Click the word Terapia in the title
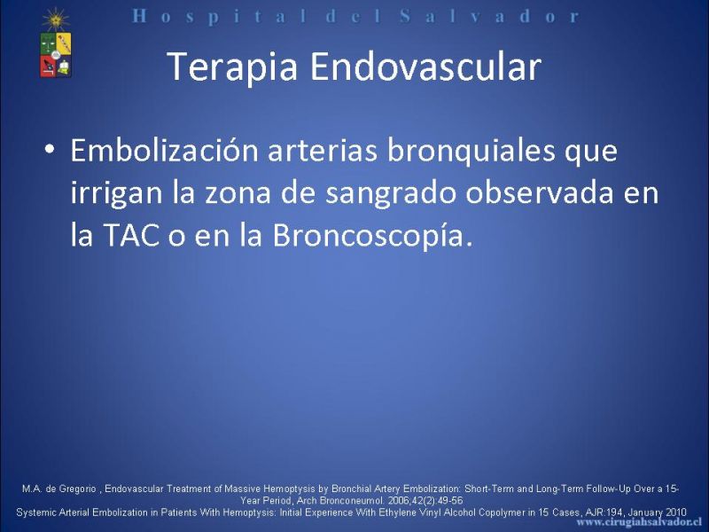tap(232, 67)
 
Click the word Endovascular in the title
tap(425, 66)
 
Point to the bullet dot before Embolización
tap(50, 149)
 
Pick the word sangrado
tap(391, 193)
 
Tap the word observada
tap(540, 192)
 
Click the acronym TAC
tap(131, 235)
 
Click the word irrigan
tap(116, 193)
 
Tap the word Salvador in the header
tap(490, 17)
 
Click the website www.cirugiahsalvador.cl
tap(639, 522)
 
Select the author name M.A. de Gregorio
tap(58, 489)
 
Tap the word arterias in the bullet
tap(323, 150)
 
